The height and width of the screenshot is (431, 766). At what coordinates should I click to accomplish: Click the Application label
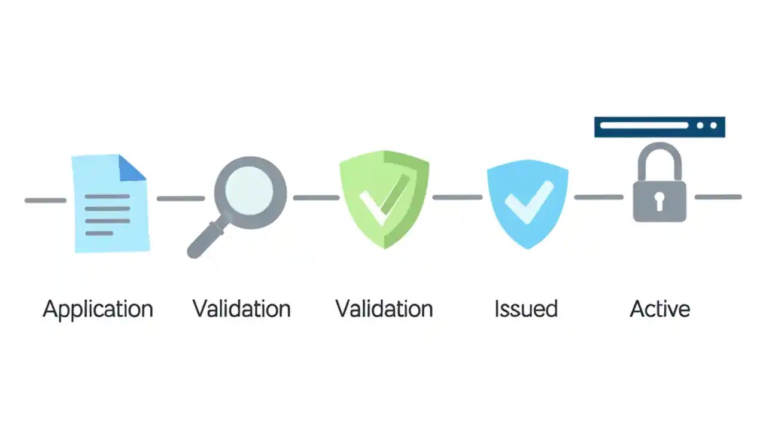click(98, 309)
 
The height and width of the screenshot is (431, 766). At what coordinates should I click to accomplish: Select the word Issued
click(526, 309)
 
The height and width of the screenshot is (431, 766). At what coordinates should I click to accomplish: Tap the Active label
click(660, 309)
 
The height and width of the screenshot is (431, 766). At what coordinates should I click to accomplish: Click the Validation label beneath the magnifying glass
click(242, 309)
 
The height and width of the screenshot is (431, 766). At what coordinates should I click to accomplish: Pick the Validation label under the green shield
click(384, 309)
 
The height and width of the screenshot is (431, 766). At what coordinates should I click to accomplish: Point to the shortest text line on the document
click(99, 233)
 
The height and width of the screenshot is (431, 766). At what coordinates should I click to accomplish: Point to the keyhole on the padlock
click(659, 201)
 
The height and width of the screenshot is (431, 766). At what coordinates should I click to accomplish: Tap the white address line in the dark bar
click(644, 126)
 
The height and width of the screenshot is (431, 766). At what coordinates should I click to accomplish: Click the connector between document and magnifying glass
click(180, 198)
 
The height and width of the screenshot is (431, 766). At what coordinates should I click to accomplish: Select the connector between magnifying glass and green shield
click(316, 197)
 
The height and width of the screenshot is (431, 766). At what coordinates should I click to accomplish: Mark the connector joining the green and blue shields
click(457, 197)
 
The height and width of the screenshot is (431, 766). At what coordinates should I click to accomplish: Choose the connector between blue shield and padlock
click(598, 197)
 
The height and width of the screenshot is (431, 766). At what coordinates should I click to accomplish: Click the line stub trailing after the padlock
click(718, 197)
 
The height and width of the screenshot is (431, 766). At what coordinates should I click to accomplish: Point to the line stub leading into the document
click(45, 200)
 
